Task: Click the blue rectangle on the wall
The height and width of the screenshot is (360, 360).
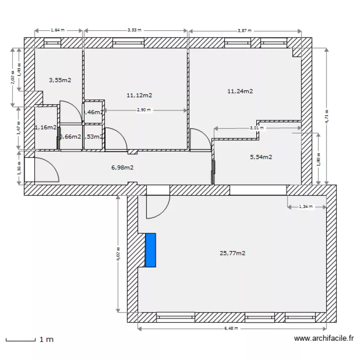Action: [151, 250]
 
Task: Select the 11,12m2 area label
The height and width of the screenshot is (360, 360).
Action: [140, 96]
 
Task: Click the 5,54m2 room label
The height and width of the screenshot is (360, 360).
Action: [261, 156]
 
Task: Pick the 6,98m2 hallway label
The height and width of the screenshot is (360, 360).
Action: [122, 168]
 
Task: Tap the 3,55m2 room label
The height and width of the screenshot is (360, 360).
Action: [60, 80]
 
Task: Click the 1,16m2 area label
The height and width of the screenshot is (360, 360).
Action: [46, 127]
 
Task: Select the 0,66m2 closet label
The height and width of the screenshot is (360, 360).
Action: [70, 136]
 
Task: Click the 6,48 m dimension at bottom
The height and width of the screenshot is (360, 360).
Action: [232, 329]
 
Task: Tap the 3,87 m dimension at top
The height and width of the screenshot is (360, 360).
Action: [245, 30]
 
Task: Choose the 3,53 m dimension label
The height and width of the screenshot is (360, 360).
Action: [135, 30]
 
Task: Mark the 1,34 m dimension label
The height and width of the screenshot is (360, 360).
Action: [306, 207]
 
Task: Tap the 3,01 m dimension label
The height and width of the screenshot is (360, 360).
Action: [257, 128]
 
